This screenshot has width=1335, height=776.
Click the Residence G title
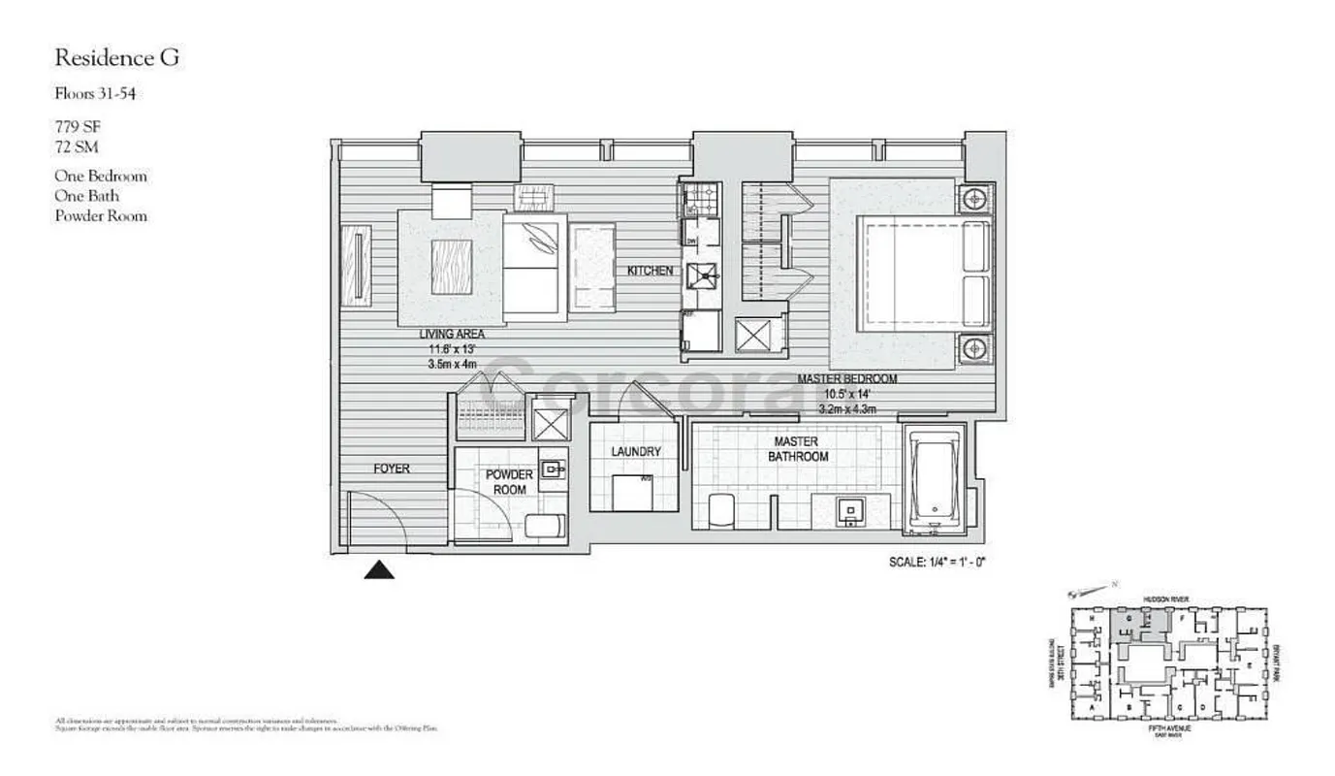tap(117, 58)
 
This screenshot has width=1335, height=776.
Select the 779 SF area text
tap(78, 126)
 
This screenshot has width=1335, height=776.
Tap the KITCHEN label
tap(650, 271)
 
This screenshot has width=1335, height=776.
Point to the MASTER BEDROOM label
tap(846, 379)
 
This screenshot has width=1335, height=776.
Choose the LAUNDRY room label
tap(636, 452)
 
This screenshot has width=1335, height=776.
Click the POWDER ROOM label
tap(510, 482)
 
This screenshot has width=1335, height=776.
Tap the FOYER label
tap(392, 469)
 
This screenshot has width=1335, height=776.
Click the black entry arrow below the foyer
tap(379, 570)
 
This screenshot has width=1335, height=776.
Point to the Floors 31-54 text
tap(101, 94)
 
